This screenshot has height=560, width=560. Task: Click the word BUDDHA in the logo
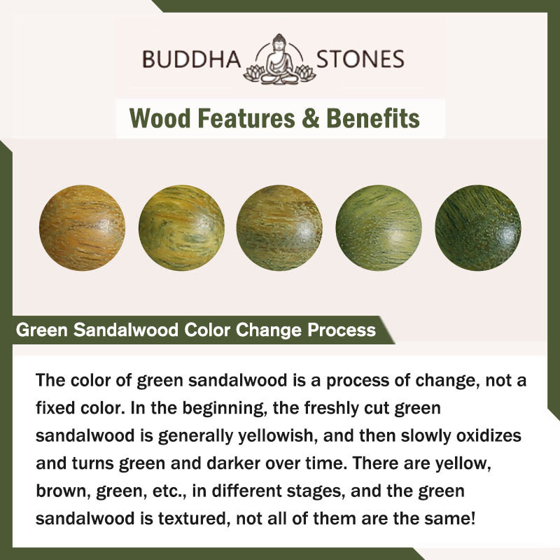[191, 59]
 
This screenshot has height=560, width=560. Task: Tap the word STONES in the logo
[360, 59]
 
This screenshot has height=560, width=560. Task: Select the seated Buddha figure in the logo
[279, 59]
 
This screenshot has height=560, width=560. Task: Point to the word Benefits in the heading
[373, 118]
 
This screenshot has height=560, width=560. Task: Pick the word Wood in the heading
[160, 118]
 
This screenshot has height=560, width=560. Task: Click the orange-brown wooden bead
[82, 227]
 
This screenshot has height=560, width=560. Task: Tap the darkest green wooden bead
[478, 227]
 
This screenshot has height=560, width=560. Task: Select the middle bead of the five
[279, 227]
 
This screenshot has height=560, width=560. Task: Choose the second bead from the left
[181, 227]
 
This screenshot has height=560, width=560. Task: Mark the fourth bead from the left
[379, 227]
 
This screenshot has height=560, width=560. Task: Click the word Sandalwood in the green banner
[126, 330]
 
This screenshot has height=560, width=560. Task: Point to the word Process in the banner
[342, 330]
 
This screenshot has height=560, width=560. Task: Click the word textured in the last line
[194, 519]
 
